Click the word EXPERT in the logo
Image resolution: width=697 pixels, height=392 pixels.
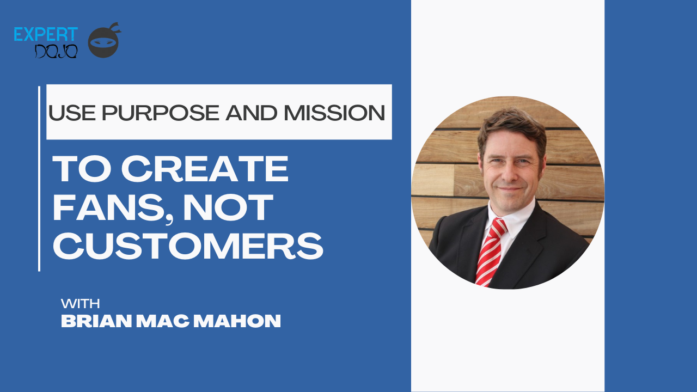tap(46, 34)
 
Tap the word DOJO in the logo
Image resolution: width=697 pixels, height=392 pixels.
tap(57, 51)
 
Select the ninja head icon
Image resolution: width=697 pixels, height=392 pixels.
tap(103, 41)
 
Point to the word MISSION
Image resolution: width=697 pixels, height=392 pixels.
tap(334, 113)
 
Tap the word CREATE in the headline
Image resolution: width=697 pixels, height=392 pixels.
tap(205, 169)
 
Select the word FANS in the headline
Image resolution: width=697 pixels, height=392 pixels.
tap(101, 207)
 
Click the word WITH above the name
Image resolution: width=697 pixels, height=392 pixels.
tap(80, 303)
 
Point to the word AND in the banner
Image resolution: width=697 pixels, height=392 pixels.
tap(258, 113)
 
